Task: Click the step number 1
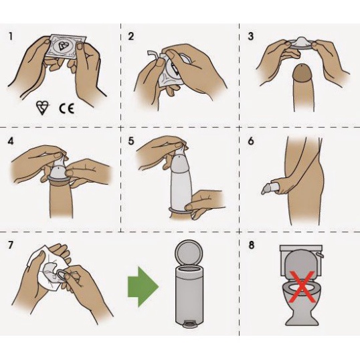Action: click(11, 37)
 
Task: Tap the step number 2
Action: click(130, 37)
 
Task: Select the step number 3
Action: click(251, 37)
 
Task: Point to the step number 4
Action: click(11, 141)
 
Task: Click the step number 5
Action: click(131, 141)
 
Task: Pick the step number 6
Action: click(251, 141)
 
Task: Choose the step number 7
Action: click(11, 245)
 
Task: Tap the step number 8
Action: click(252, 245)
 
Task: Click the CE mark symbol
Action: click(67, 108)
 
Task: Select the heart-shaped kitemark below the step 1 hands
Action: click(42, 108)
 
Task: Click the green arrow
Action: click(143, 287)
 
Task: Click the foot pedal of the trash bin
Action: click(189, 324)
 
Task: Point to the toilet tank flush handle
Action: click(319, 255)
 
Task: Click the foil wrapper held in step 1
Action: click(66, 46)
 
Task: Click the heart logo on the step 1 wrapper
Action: click(62, 46)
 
